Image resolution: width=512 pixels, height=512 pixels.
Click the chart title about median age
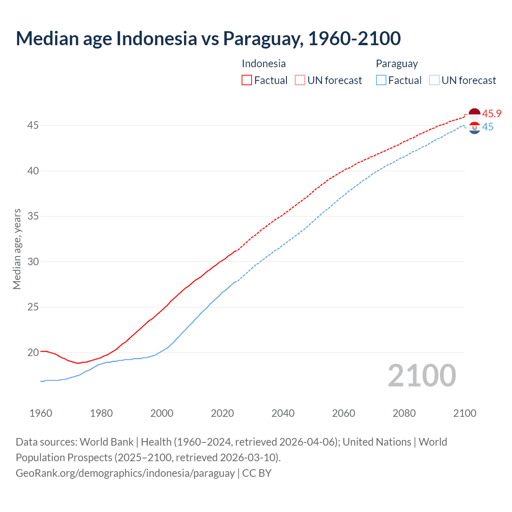point(208,38)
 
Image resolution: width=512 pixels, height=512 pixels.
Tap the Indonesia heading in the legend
point(264,64)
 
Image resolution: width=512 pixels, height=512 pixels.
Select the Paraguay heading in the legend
point(396,64)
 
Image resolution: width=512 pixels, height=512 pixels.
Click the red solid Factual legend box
point(247,80)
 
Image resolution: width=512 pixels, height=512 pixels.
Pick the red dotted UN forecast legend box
point(300,80)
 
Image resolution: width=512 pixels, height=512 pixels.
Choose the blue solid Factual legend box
point(381,80)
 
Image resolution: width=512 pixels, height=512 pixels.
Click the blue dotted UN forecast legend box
point(434,80)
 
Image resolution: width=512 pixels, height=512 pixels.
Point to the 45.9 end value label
point(492,114)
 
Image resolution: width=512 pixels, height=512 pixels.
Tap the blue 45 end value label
point(488,127)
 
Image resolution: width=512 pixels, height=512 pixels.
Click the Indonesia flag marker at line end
point(474,114)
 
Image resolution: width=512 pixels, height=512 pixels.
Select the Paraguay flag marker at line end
point(474,128)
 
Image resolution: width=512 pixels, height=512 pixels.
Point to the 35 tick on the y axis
point(33,216)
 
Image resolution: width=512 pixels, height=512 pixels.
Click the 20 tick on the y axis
point(33,352)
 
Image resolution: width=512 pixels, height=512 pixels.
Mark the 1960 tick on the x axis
point(41,413)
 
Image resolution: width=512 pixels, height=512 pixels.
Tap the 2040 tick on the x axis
point(283,413)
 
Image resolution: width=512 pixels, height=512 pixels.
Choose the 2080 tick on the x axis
point(404,413)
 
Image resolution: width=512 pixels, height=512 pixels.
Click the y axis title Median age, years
point(17,249)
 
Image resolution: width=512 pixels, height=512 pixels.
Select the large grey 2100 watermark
point(422,375)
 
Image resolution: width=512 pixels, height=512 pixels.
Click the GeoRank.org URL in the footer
point(125,473)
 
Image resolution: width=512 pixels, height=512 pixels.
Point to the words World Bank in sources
point(106,442)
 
